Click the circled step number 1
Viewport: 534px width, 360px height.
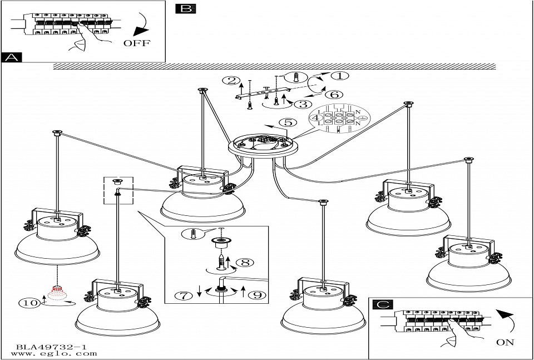coord(339,76)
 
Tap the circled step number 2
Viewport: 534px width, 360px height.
coord(229,81)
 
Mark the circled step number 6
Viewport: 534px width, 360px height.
coord(334,94)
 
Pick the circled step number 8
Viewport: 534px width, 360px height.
coord(243,262)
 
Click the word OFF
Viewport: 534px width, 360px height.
coord(136,43)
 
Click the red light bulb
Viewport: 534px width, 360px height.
coord(56,292)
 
